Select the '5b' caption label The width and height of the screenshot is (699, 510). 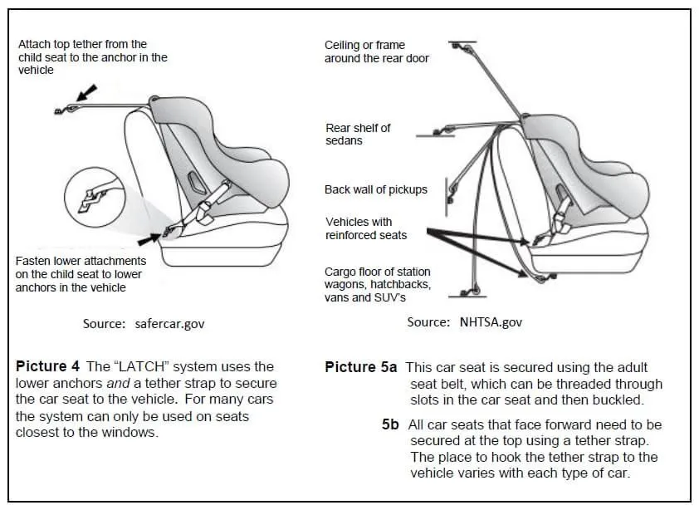click(x=390, y=424)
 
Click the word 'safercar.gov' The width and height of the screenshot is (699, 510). click(x=169, y=323)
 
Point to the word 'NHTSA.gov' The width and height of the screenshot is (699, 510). click(x=491, y=322)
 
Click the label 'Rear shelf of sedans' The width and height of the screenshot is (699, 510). click(x=358, y=134)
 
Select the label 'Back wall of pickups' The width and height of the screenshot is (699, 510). click(x=375, y=189)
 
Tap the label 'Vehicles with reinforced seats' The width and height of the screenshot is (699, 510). click(x=365, y=228)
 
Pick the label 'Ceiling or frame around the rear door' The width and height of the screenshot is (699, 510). click(x=377, y=51)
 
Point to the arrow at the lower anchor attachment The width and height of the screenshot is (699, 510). click(x=149, y=239)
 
